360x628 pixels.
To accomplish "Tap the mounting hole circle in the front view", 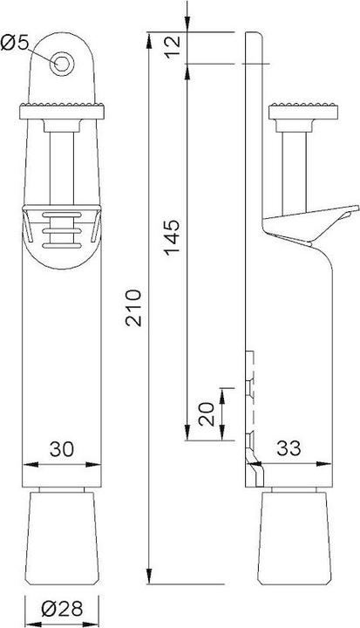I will click(61, 61).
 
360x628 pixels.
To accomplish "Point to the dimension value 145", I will click(172, 234).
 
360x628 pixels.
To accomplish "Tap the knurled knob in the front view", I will click(61, 111).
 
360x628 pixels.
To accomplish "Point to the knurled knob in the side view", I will click(303, 112).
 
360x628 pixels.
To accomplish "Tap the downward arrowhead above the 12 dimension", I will click(187, 27).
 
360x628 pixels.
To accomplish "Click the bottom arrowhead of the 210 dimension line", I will click(150, 578).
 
